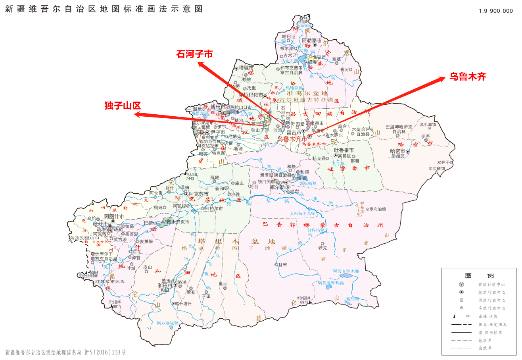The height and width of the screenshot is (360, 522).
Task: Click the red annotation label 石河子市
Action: coord(194,54)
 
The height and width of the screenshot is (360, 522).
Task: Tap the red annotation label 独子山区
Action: coord(123,106)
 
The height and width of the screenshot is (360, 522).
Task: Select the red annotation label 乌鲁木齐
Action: coord(467,77)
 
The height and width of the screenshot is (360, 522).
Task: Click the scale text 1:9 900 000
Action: coord(495,11)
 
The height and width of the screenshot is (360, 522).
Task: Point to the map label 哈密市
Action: coord(398,151)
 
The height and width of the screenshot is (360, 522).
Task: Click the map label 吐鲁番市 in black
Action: coord(344,150)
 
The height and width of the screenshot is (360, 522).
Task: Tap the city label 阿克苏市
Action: coord(199,194)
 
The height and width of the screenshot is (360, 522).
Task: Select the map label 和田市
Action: coord(165,285)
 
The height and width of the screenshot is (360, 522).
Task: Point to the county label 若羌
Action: coord(322,248)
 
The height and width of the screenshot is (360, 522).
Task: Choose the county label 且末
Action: coord(283,264)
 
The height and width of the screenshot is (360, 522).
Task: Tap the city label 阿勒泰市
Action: coord(311,40)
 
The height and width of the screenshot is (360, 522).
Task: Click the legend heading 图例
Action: coord(479,276)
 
